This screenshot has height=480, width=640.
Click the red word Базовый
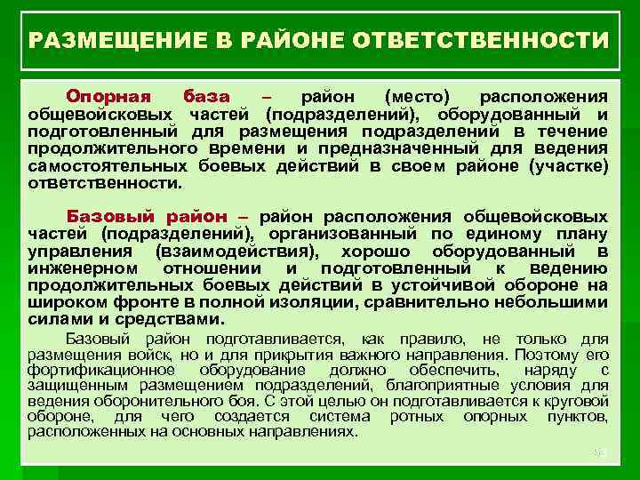tap(110, 216)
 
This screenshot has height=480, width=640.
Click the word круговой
tap(574, 400)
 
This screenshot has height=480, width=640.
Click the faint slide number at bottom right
tap(598, 453)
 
